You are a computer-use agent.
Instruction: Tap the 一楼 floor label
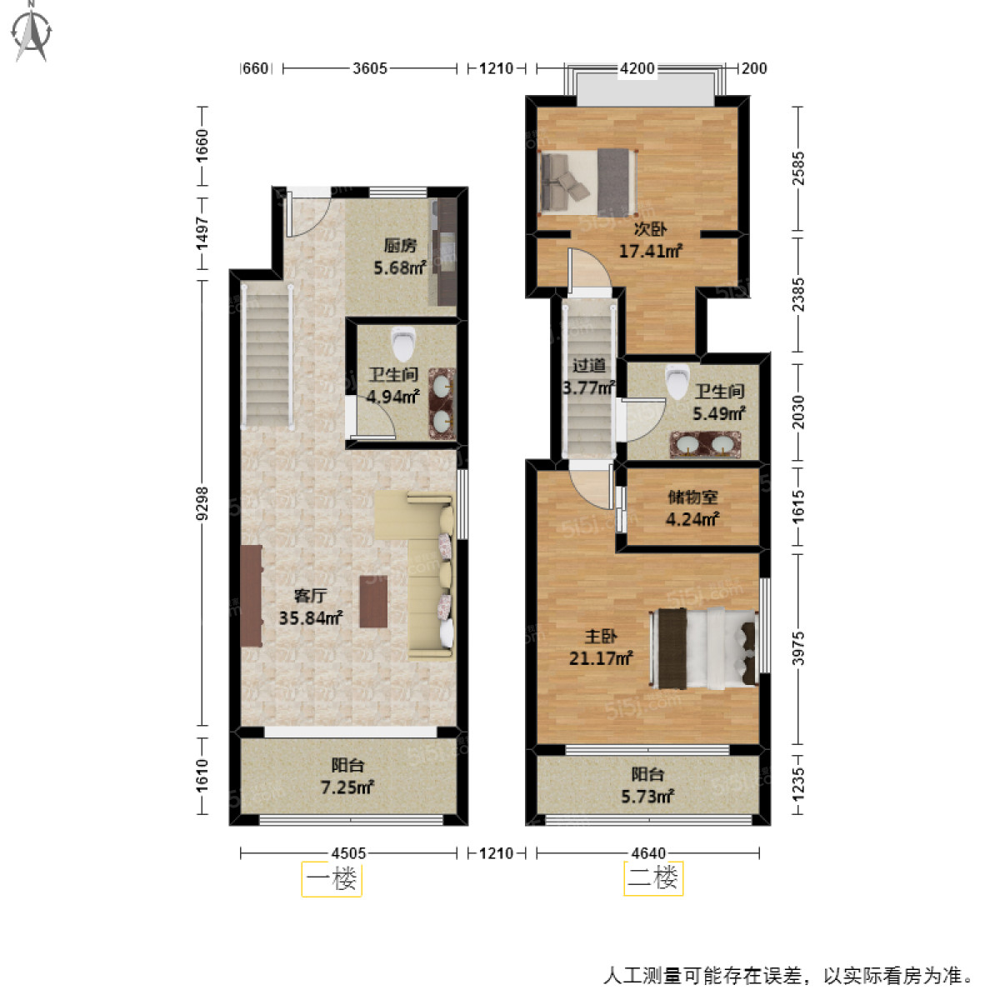coord(331,878)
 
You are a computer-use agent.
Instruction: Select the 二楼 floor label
coord(652,878)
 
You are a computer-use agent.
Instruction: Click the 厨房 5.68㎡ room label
coord(400,257)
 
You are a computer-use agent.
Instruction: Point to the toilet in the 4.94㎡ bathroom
coord(403,342)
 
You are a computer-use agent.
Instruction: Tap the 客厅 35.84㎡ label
coord(310,607)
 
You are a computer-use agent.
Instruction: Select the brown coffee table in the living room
coord(373,601)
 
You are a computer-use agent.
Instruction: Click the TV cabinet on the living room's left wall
coord(251,596)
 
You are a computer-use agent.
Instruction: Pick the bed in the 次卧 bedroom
coord(588,182)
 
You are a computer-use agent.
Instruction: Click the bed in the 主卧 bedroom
coord(705,648)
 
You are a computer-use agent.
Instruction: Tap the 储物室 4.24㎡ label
coord(692,507)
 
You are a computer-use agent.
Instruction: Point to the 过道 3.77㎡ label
coord(589,376)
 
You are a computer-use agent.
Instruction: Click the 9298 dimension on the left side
coord(202,504)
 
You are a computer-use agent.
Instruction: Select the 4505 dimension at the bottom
coord(348,853)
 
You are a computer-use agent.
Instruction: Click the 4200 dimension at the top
coord(637,68)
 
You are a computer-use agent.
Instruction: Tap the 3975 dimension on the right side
coord(798,648)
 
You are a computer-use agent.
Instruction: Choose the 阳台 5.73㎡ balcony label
coord(647,785)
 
